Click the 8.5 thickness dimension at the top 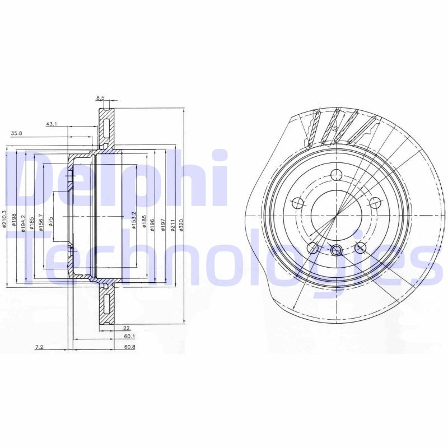[x=100, y=98]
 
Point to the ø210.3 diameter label [x=4, y=218]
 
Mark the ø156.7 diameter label [x=40, y=218]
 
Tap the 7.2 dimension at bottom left [x=39, y=348]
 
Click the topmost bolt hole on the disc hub [x=336, y=174]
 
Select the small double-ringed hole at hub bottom [x=336, y=251]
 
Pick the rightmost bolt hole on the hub [x=375, y=202]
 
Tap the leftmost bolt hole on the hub [x=298, y=202]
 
